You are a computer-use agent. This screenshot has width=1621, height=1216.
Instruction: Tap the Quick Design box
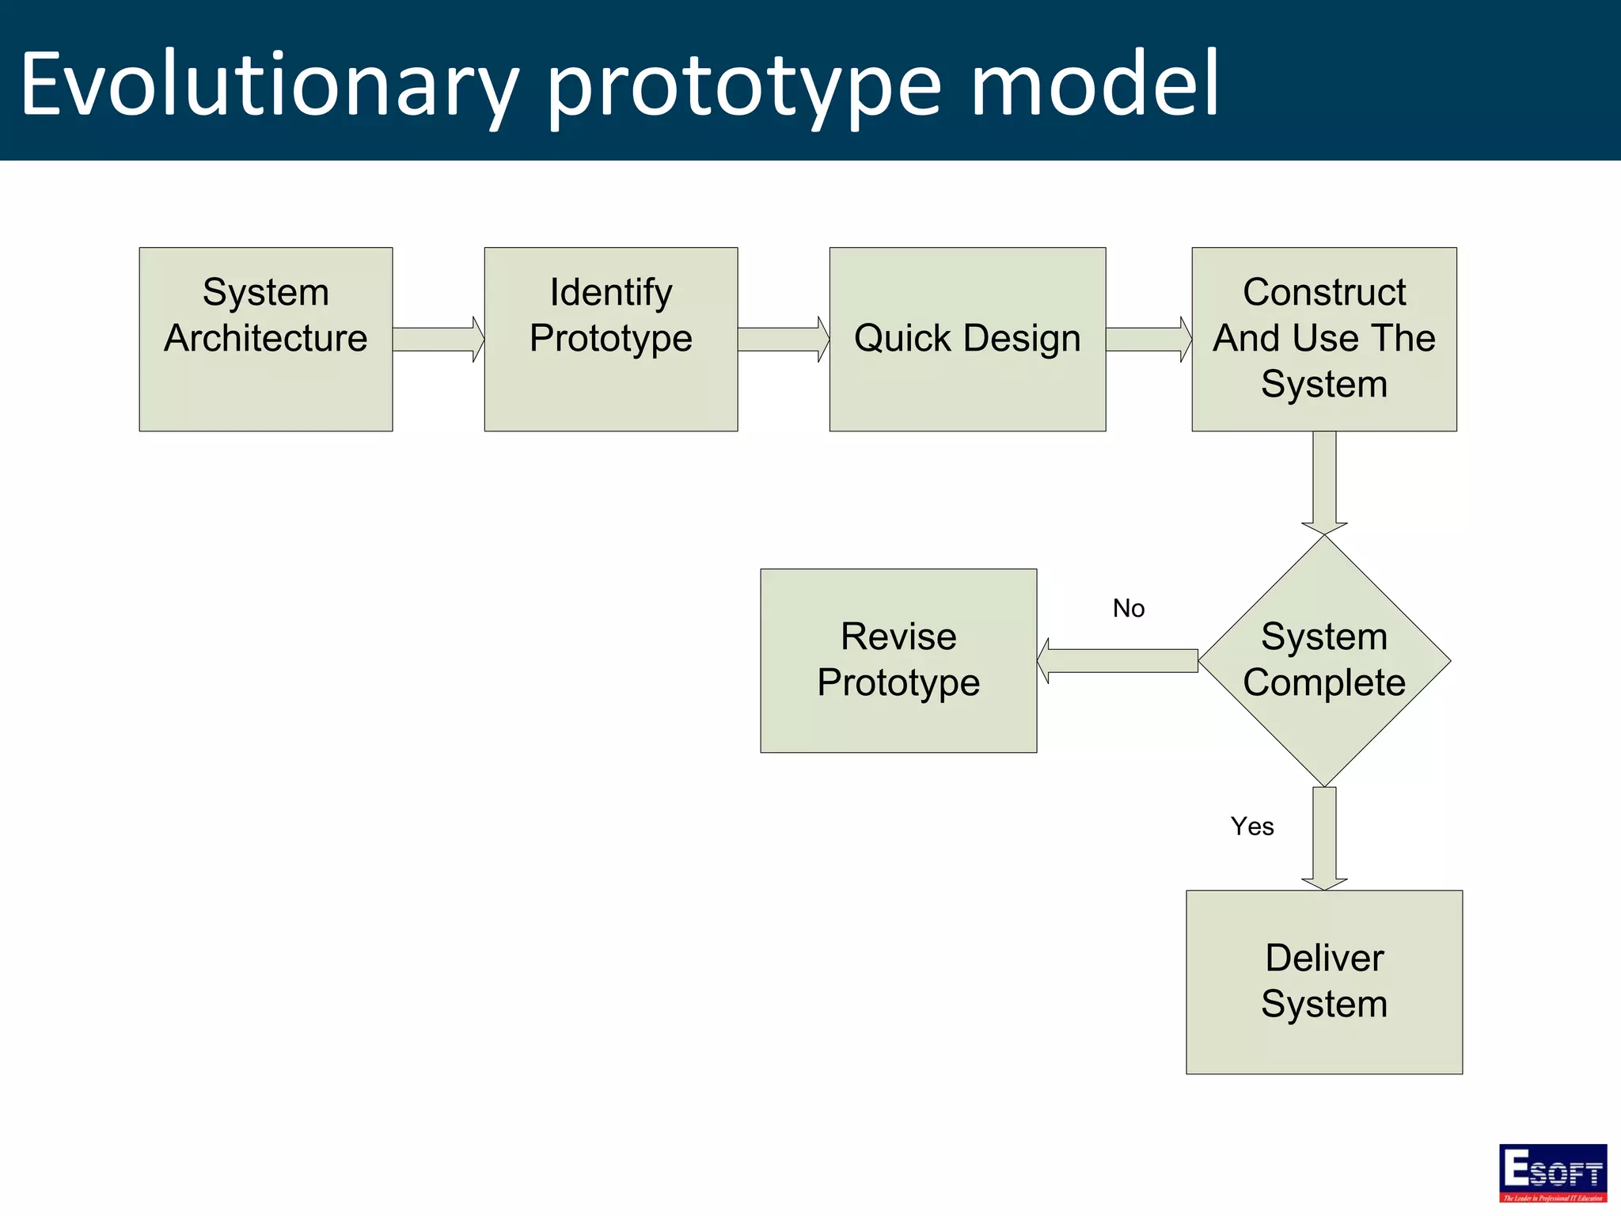966,339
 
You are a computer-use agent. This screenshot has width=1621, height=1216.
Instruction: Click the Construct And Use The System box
1323,339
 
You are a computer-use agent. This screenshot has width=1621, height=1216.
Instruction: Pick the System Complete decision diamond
1323,660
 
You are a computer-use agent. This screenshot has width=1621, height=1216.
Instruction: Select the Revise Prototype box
898,660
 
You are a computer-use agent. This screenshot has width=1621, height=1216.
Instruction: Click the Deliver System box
1323,982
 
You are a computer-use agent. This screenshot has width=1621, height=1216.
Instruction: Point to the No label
1128,608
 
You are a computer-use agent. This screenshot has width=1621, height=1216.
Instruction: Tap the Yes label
1251,826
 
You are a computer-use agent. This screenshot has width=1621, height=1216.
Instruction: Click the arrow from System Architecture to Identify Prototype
438,340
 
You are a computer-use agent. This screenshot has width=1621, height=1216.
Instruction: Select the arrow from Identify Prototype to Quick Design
783,340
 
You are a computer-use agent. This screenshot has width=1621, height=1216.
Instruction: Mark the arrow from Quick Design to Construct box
1148,340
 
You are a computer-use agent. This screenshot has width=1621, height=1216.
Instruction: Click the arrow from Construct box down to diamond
1324,482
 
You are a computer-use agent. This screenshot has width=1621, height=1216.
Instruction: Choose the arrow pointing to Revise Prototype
1117,661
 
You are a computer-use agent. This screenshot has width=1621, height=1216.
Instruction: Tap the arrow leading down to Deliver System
1324,838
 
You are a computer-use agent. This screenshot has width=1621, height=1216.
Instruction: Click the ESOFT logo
1552,1172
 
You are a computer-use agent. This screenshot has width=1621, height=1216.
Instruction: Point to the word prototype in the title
744,87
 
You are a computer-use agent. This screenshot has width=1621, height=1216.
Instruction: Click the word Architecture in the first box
265,339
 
